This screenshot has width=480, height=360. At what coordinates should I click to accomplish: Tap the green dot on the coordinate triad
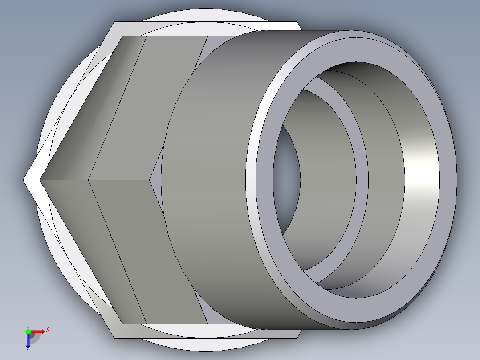click(28, 331)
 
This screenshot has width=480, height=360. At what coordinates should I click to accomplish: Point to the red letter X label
click(47, 330)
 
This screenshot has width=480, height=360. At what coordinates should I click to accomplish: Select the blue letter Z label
click(28, 350)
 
